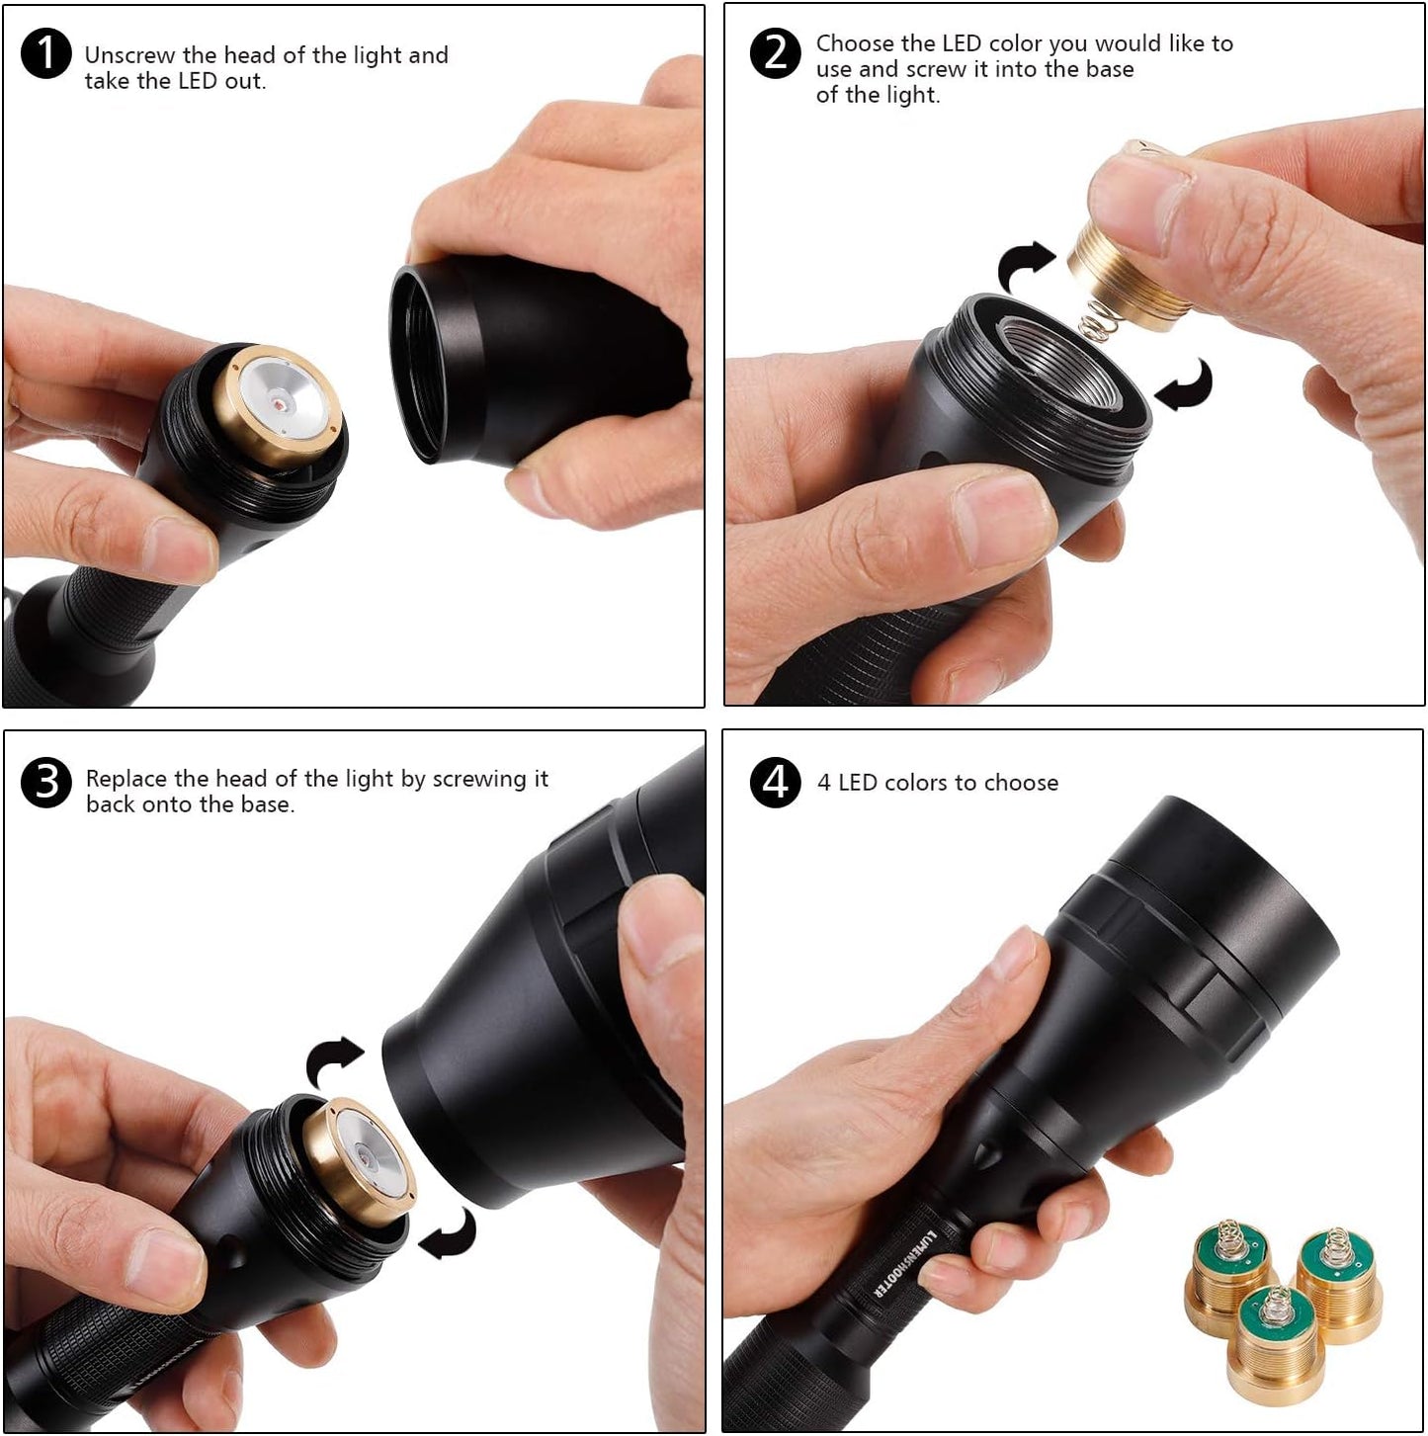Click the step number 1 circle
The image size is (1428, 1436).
click(x=45, y=53)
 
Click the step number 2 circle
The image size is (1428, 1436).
click(x=776, y=53)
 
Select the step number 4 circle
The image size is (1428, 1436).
click(x=776, y=782)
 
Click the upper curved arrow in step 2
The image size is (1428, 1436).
click(x=1028, y=265)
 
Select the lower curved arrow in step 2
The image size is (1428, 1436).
click(x=1186, y=385)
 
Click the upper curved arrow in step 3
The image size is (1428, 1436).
click(x=334, y=1062)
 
